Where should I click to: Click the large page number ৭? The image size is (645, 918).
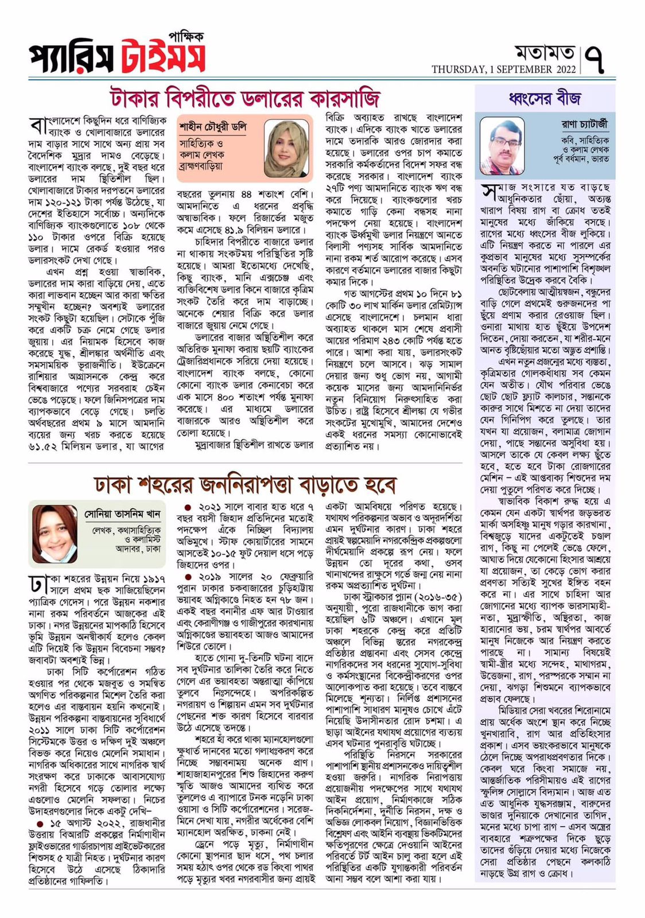coord(597,60)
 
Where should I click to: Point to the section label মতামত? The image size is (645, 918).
coord(544,53)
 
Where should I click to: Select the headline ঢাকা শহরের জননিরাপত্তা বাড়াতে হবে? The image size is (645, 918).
coord(244,485)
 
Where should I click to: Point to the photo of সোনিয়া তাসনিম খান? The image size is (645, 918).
coord(54,534)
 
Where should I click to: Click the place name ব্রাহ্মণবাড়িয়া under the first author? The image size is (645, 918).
coord(201,166)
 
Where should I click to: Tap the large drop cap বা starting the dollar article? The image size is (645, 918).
coord(38,126)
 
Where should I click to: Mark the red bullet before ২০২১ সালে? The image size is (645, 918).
coord(188,508)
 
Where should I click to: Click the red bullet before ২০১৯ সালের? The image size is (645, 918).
coord(188,577)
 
